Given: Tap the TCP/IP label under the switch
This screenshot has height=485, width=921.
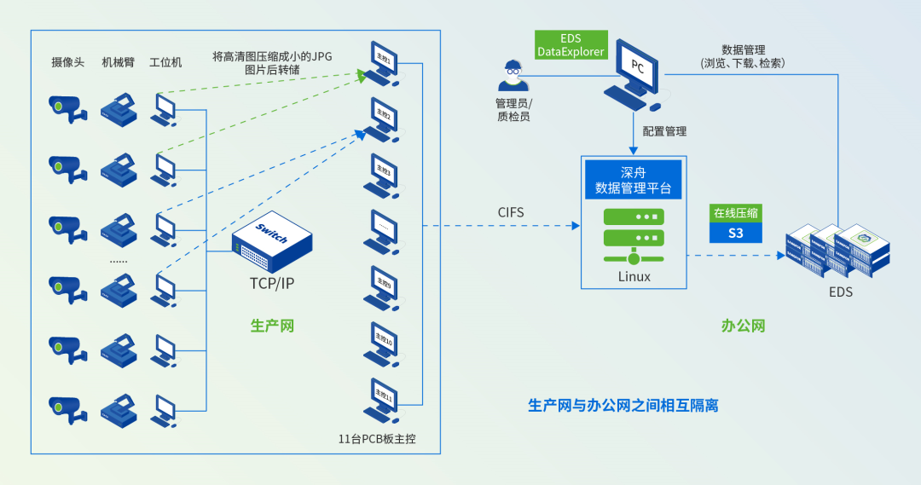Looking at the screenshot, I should point(272,284).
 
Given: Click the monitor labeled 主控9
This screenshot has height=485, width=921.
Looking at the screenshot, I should point(385,286).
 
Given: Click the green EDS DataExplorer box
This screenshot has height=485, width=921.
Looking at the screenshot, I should point(571,45).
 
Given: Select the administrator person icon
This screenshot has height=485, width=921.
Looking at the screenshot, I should point(513,76).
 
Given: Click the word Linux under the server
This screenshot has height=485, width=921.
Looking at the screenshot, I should point(634,277).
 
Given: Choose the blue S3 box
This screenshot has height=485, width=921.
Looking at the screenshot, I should point(735,233).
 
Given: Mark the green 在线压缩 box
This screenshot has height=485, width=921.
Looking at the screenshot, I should point(735,213).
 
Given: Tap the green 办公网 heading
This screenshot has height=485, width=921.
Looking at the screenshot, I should point(743,326).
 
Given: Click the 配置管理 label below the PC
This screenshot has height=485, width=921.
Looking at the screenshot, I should point(664,132).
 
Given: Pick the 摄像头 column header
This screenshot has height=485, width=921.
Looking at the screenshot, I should point(67,62).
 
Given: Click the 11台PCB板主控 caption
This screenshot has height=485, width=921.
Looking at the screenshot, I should point(376,440).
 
